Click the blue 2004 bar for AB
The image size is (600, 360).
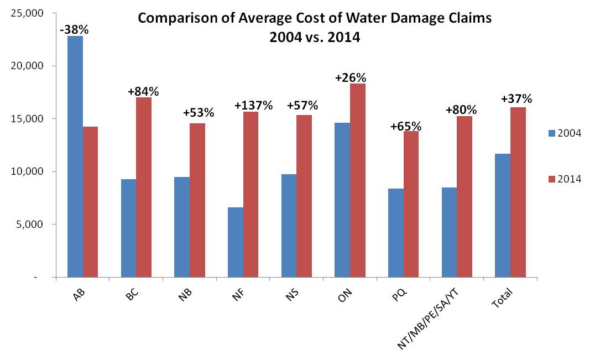pyautogui.click(x=75, y=156)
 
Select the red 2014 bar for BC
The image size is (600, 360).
pyautogui.click(x=144, y=187)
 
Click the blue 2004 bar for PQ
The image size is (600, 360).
pyautogui.click(x=396, y=232)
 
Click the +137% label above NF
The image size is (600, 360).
pyautogui.click(x=253, y=105)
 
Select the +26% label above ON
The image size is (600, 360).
pyautogui.click(x=351, y=77)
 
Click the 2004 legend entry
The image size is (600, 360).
pyautogui.click(x=564, y=133)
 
